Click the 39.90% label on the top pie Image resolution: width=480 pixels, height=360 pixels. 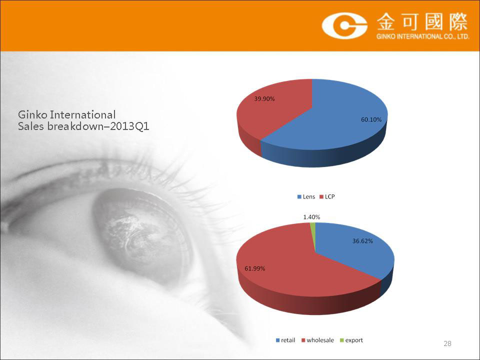coord(264,99)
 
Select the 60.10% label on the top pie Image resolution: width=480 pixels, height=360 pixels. coord(371,119)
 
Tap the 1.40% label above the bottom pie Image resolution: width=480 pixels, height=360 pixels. coord(311,217)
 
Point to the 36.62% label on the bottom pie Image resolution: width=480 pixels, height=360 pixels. coord(362,241)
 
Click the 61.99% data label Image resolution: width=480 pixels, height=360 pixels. coord(254,268)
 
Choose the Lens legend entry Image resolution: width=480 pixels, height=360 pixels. coord(306,197)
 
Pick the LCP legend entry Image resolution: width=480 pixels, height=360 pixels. coord(327,197)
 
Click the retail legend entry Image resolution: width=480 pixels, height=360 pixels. coord(285,340)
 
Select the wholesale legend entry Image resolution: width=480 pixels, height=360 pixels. coord(318,340)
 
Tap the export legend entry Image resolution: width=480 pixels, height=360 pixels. coord(351,340)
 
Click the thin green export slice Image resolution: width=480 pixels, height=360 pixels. coord(313,232)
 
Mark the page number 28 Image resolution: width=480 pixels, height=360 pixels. coord(447,343)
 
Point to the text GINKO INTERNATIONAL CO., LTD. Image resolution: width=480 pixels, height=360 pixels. coord(423,36)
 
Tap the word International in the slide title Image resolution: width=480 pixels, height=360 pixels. coord(82,115)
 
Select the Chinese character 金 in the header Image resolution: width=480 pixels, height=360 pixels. coord(387,22)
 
